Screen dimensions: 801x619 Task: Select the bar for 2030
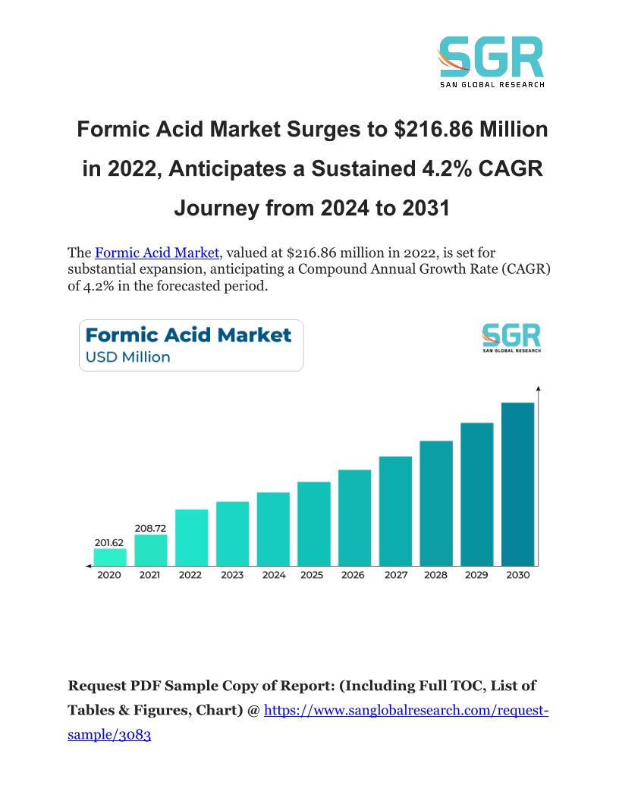tap(517, 484)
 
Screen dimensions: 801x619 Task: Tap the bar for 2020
tap(110, 558)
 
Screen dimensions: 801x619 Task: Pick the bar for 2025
tap(314, 524)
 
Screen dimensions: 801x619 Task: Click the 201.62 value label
tap(110, 542)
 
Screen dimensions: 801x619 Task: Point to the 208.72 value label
tap(150, 528)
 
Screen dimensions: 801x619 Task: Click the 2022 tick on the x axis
tap(190, 575)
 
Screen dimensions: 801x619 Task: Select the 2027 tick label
tap(395, 575)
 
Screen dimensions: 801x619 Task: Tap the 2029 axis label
tap(476, 575)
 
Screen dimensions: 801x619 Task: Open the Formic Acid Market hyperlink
tap(157, 253)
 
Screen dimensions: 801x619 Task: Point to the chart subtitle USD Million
tap(127, 357)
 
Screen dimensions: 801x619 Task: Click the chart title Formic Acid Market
tap(188, 335)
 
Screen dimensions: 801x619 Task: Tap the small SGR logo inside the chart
tap(511, 338)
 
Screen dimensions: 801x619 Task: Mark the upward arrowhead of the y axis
tap(538, 389)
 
